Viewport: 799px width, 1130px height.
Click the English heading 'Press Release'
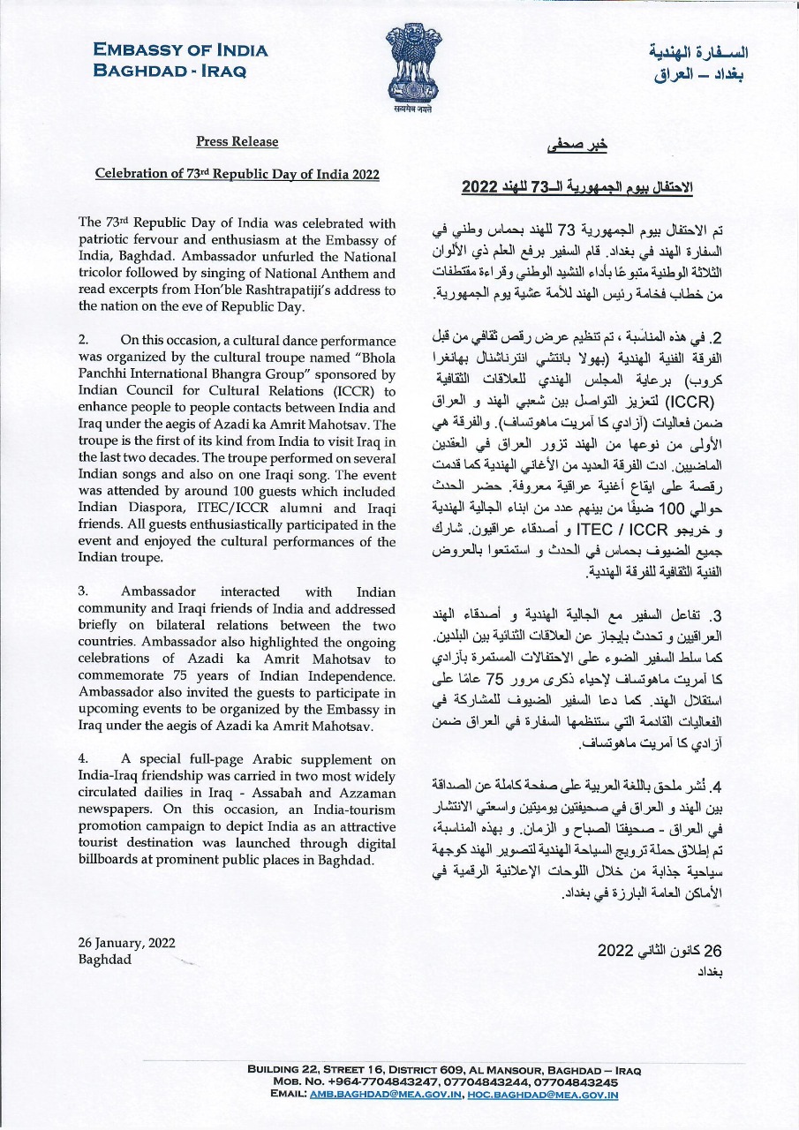237,142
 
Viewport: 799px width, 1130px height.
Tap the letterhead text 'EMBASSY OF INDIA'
180,50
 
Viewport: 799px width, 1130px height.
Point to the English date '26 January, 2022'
126,943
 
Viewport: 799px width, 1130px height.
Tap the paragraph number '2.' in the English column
84,340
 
